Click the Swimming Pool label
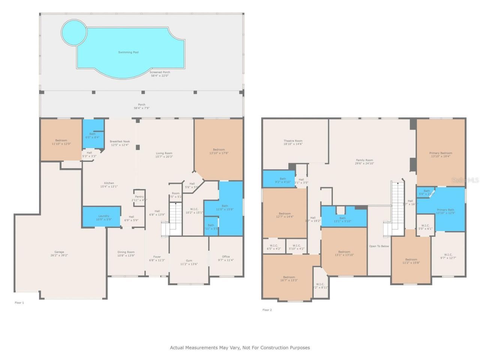tap(128, 52)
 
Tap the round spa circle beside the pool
tap(73, 32)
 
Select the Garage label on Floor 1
tap(59, 252)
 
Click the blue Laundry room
tap(102, 216)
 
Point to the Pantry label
tap(139, 196)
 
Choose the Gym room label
tap(189, 261)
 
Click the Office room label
tap(226, 257)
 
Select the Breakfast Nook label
tap(120, 141)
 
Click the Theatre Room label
tap(293, 141)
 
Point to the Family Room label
tap(364, 160)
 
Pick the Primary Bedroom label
tap(441, 153)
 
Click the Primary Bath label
tap(445, 210)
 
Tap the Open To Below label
tap(379, 246)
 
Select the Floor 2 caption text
tap(267, 310)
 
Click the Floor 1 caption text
tap(19, 302)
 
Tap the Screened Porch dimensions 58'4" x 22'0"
tap(160, 75)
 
